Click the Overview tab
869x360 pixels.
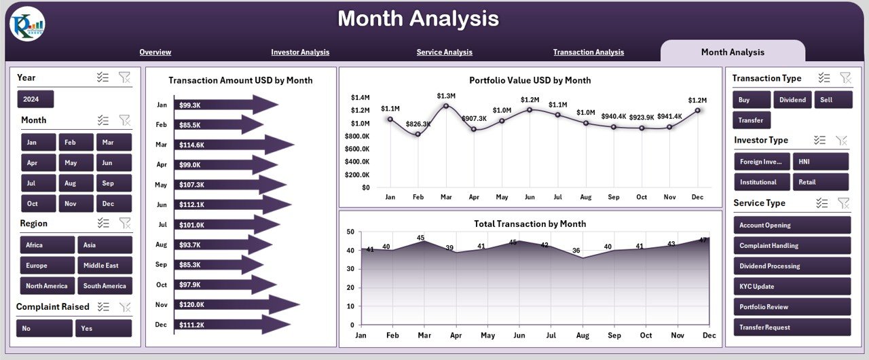pos(155,52)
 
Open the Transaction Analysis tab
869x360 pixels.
pos(588,52)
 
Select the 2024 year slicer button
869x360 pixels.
pos(35,99)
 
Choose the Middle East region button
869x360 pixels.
pos(105,266)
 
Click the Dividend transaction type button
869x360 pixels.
pos(792,100)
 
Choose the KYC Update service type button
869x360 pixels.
pos(792,287)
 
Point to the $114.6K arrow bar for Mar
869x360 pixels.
pos(231,145)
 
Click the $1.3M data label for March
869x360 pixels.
pos(447,96)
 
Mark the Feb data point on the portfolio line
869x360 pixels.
pos(418,134)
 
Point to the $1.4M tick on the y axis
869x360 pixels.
pos(360,97)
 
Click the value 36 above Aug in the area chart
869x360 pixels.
pos(576,251)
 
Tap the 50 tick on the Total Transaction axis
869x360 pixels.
pos(350,232)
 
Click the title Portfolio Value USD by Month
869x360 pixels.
pos(530,80)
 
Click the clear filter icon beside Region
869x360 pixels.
pos(125,223)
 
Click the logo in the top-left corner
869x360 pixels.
pos(27,24)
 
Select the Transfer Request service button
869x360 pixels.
pos(792,327)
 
